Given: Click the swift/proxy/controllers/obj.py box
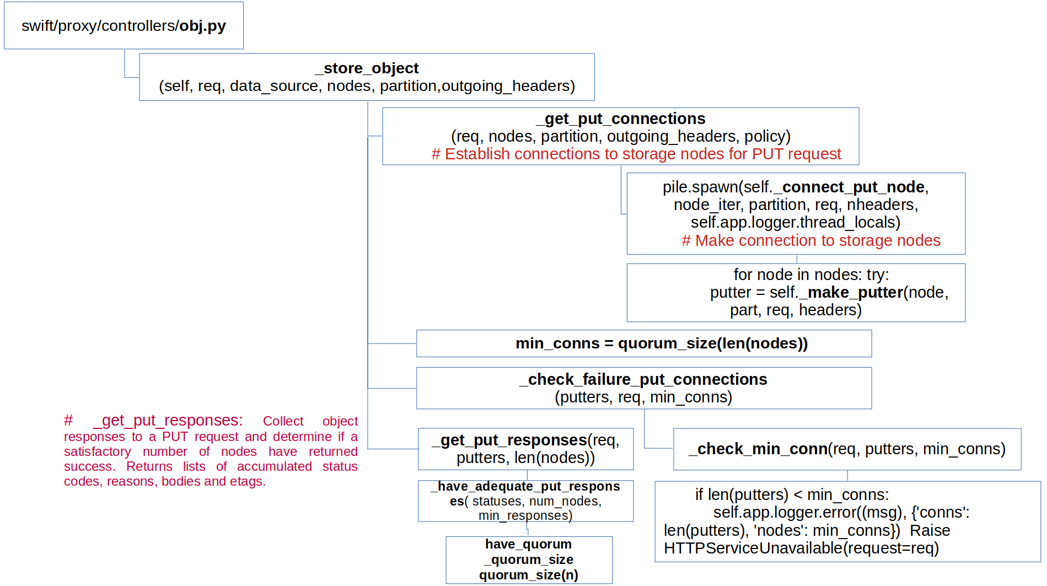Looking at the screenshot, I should tap(124, 26).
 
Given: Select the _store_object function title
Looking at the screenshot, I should tap(367, 68).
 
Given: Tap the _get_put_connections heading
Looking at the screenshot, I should tap(620, 119).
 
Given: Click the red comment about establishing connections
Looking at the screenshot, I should tap(636, 154).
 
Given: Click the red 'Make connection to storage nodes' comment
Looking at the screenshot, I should tap(811, 241).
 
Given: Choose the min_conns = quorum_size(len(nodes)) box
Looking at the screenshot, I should tap(643, 343).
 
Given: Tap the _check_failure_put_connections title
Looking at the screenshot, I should tap(643, 380).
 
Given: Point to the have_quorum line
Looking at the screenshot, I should tap(528, 545).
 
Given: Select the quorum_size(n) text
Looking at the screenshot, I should tap(528, 576).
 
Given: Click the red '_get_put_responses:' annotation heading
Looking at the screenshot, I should tap(168, 421).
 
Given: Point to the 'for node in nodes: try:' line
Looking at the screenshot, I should tap(810, 275).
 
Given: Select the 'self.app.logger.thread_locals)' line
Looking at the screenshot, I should tap(795, 223).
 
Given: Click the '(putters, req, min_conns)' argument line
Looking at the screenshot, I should tap(643, 397).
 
